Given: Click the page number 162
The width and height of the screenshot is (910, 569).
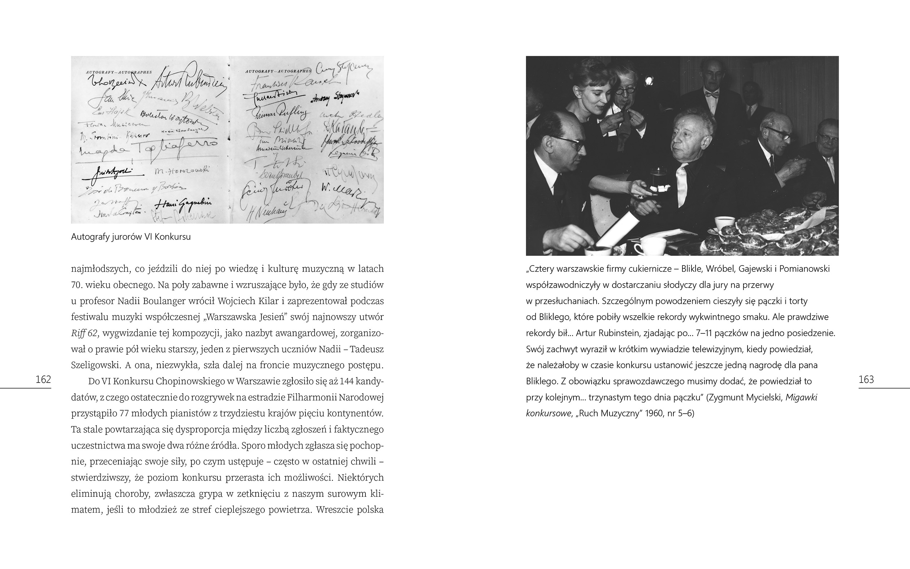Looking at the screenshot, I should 43,379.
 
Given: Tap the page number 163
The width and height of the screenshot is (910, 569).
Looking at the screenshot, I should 866,379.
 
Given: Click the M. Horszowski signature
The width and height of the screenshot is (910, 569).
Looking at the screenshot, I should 182,171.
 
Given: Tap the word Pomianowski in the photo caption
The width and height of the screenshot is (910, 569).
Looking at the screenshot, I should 804,269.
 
